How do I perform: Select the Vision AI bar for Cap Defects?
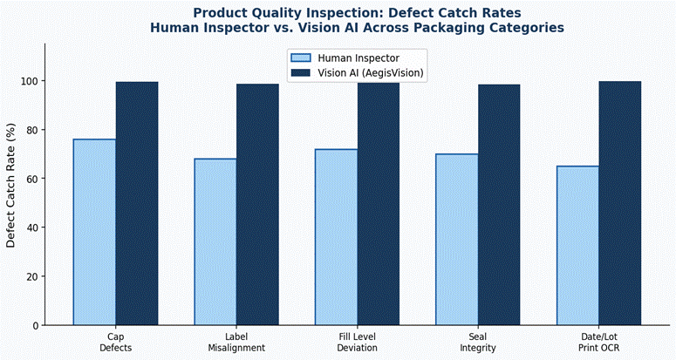pos(137,204)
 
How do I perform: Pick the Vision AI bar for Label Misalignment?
pos(257,205)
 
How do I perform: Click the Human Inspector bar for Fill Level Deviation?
pos(336,237)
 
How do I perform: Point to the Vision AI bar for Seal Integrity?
pos(499,205)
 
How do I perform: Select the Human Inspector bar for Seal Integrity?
pos(456,240)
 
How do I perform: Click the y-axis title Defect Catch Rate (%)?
pos(11,187)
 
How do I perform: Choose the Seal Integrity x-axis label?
pos(477,342)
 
